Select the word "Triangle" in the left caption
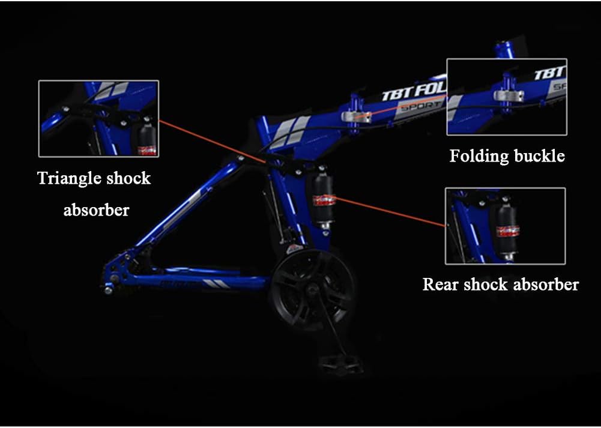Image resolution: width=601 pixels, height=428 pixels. click(x=65, y=178)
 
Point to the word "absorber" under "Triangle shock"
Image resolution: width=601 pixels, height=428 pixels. click(x=96, y=210)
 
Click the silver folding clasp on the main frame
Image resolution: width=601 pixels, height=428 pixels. click(x=356, y=115)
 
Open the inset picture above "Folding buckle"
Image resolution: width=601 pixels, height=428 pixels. click(x=507, y=97)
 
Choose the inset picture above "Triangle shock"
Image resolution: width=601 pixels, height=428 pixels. click(x=98, y=118)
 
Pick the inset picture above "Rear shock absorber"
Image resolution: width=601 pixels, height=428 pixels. click(x=505, y=226)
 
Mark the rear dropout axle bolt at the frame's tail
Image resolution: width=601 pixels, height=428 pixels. click(x=109, y=290)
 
